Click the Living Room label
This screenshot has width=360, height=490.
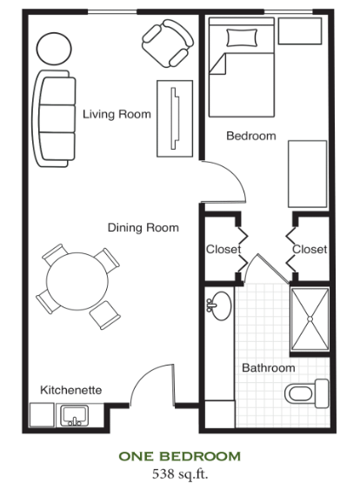point(117,114)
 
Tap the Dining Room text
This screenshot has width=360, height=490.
point(143,227)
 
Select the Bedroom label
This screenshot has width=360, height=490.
point(251,136)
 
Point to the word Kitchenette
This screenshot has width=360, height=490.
point(71,390)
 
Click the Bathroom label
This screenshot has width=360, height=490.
point(269,368)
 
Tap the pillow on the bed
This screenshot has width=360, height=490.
point(242,37)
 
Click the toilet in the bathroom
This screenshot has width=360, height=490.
point(307,393)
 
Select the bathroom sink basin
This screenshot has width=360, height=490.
point(221,306)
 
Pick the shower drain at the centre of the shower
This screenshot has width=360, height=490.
point(310,319)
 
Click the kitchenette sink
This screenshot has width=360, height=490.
point(75,415)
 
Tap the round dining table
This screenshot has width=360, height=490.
point(77,281)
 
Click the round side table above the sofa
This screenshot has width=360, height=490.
point(54,49)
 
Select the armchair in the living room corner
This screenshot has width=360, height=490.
point(168,44)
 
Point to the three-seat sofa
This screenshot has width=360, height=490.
point(54,118)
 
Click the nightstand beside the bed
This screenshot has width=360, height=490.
point(300,31)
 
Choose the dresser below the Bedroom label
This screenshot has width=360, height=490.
point(308,174)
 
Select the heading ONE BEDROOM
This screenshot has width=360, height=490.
point(180,457)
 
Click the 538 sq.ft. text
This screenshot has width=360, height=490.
point(180,474)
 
